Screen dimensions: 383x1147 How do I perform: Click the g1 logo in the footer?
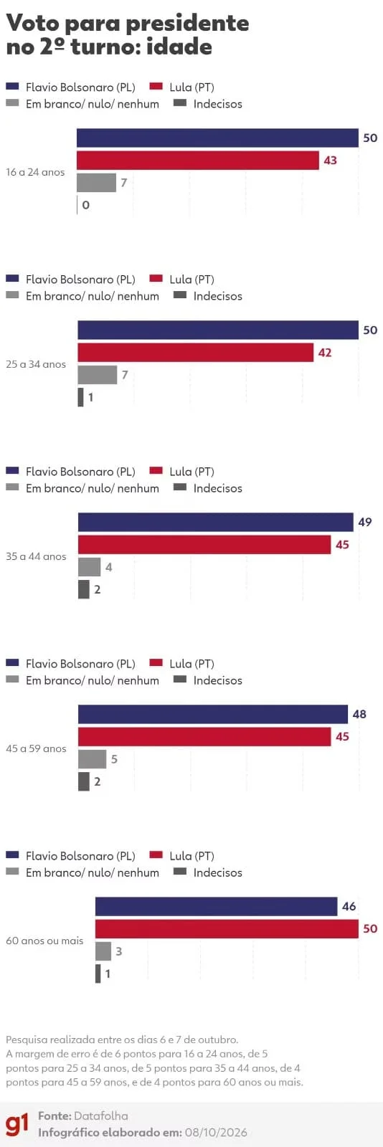point(17,1124)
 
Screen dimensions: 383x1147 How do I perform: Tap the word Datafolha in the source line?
point(101,1116)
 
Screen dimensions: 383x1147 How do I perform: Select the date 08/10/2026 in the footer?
point(216,1133)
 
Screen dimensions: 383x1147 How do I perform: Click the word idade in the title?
point(179,47)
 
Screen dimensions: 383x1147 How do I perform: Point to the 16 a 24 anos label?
point(35,172)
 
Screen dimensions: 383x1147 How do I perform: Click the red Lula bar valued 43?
point(198,161)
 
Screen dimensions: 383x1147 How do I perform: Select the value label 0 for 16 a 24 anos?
point(85,205)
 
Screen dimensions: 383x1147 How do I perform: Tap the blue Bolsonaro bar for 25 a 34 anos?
point(218,330)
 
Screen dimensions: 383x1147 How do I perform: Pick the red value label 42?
point(325,352)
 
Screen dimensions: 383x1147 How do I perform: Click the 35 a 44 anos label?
point(36,556)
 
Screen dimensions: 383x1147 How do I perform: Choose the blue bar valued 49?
point(216,522)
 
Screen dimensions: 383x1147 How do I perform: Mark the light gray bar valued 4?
point(89,567)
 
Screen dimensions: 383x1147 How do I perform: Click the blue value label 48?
point(359,714)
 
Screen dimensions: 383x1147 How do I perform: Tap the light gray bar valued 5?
point(93,759)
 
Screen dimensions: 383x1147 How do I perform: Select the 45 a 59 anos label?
point(36,748)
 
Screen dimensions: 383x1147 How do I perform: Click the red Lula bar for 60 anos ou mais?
point(227,928)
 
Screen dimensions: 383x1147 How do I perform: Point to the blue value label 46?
point(349,906)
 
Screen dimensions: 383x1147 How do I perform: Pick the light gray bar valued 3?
point(103,951)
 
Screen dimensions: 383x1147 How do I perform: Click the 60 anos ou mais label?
point(44,941)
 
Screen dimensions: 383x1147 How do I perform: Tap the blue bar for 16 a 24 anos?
point(217,138)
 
